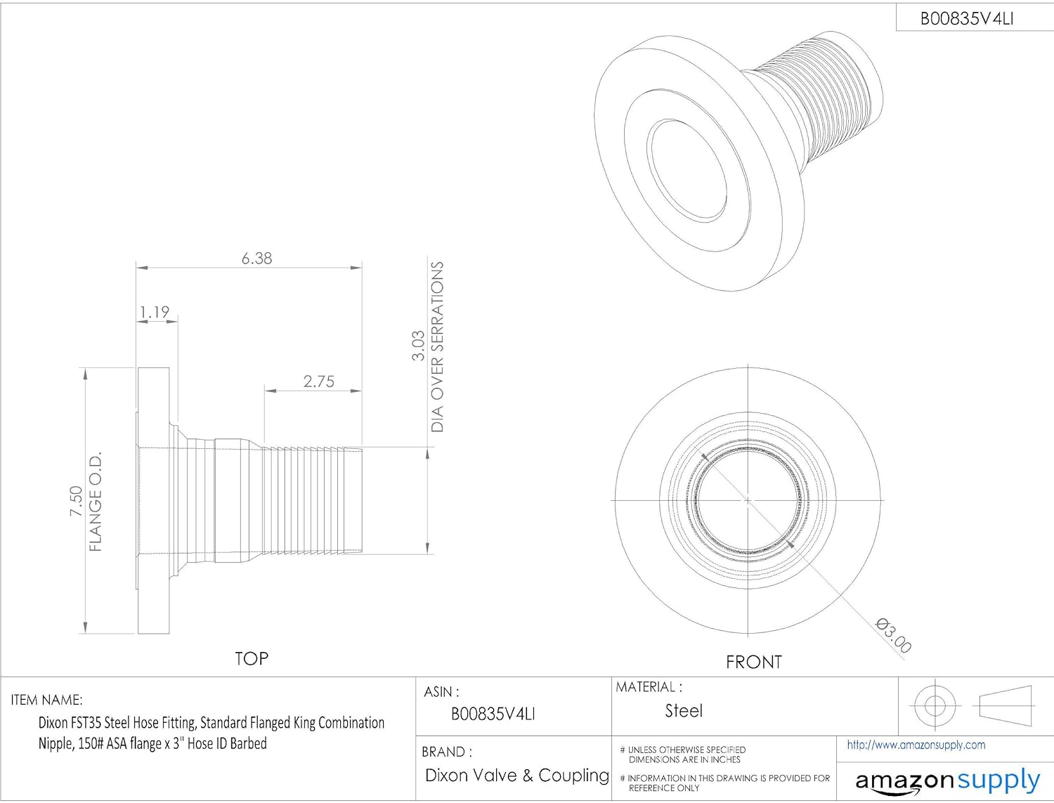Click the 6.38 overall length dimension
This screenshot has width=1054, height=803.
[x=256, y=259]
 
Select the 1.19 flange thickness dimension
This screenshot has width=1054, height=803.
[x=154, y=313]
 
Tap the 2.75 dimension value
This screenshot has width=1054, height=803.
[x=318, y=381]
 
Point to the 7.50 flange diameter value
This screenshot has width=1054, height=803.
[x=77, y=501]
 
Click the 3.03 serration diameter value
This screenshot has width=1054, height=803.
[x=418, y=346]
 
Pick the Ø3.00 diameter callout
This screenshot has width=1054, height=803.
[x=893, y=636]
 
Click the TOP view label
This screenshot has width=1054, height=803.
[x=252, y=658]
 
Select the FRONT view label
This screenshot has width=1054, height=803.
[x=753, y=662]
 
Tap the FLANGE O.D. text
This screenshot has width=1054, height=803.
[x=96, y=501]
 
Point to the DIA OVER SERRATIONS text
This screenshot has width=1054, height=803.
[x=437, y=347]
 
